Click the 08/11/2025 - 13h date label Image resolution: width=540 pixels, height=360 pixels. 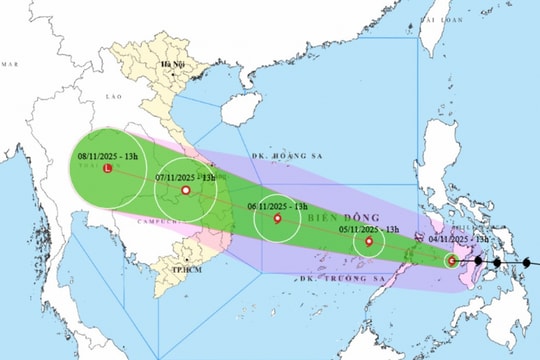108,156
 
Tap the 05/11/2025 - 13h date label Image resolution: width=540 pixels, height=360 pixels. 367,227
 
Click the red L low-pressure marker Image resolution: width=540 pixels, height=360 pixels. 108,171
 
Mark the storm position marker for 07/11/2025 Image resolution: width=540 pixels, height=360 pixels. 186,190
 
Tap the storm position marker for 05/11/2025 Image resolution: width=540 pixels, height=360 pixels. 370,241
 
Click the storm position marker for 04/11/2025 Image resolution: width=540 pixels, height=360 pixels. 452,261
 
